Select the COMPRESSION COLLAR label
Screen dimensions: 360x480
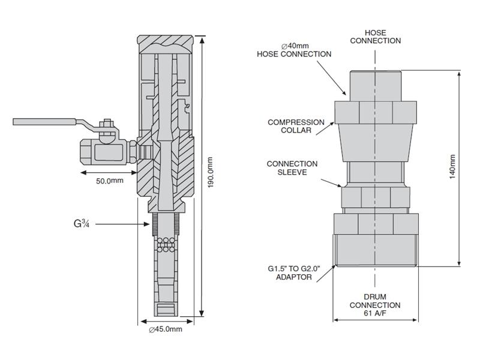point(296,126)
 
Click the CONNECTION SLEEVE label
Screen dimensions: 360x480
point(292,167)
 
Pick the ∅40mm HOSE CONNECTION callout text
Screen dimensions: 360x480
point(294,50)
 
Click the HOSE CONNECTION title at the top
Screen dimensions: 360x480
point(375,36)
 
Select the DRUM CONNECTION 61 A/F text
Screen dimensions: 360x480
point(375,305)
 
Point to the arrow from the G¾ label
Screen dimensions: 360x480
point(123,224)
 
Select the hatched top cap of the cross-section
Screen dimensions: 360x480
point(166,44)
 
